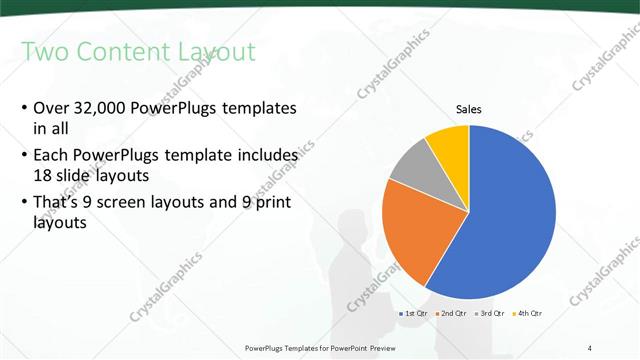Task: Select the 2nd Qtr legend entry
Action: (x=456, y=314)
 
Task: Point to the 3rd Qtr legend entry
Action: (x=492, y=314)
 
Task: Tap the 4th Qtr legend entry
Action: (x=529, y=314)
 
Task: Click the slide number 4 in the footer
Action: (x=590, y=347)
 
